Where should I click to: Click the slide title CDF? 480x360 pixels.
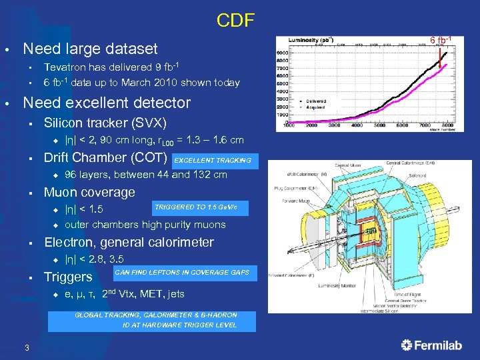pos(235,21)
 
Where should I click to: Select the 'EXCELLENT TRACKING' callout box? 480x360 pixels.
pos(213,160)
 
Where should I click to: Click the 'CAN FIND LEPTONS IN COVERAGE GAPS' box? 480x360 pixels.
pos(182,273)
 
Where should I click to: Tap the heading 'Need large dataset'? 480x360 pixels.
pos(90,49)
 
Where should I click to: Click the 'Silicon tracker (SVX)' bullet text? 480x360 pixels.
pos(105,123)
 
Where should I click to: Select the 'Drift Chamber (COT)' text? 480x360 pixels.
pos(105,158)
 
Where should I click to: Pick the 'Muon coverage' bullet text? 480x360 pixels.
pos(89,193)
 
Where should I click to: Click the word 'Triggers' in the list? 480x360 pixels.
pos(68,277)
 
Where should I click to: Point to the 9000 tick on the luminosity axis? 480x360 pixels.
pos(281,53)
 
